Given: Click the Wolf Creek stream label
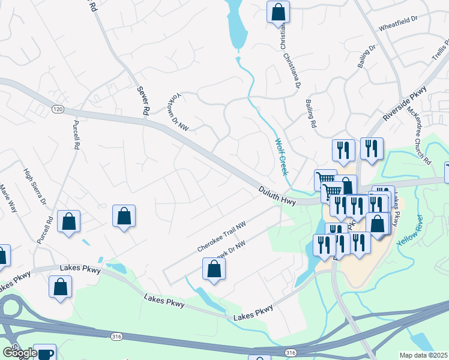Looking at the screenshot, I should click(281, 157).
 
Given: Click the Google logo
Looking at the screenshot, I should click(19, 353).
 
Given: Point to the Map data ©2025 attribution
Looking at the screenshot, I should click(423, 355).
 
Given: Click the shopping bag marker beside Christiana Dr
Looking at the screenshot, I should click(279, 11).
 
